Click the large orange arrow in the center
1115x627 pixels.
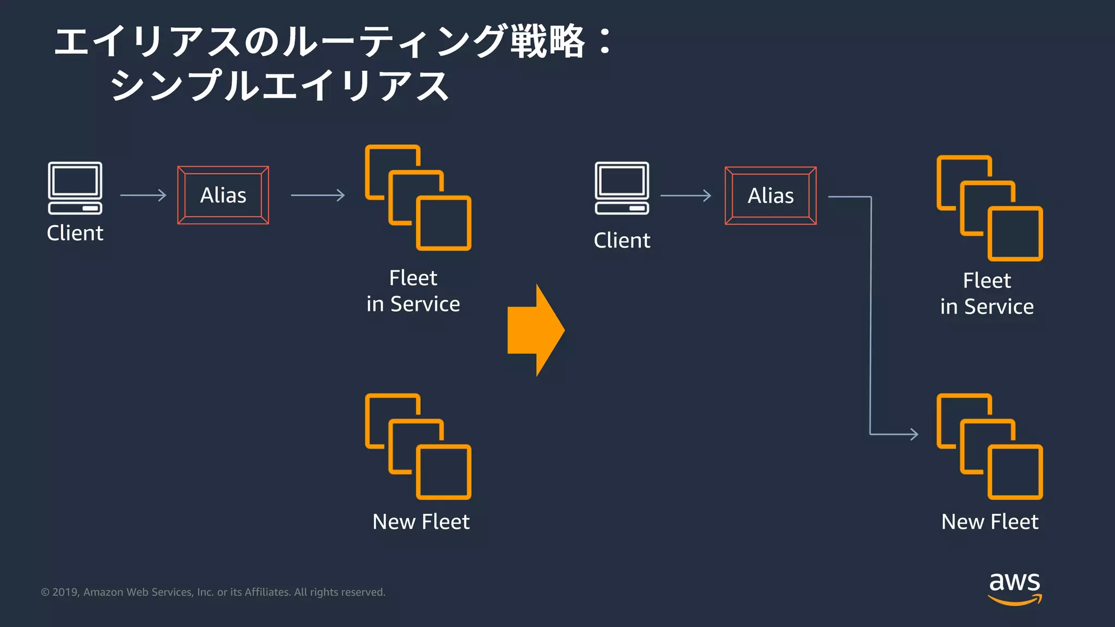pyautogui.click(x=535, y=330)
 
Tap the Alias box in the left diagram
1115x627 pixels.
pyautogui.click(x=223, y=195)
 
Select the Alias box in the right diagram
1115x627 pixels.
pyautogui.click(x=770, y=195)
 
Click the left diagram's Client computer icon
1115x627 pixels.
pyautogui.click(x=75, y=188)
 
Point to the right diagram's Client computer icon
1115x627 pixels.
pyautogui.click(x=622, y=188)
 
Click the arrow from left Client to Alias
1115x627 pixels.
pyautogui.click(x=143, y=195)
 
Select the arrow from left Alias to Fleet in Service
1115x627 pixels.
pyautogui.click(x=318, y=195)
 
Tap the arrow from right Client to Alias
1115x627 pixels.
pyautogui.click(x=685, y=195)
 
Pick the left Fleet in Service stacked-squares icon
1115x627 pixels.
pyautogui.click(x=418, y=198)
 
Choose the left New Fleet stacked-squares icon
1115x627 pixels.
pyautogui.click(x=418, y=446)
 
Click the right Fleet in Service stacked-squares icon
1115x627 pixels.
pyautogui.click(x=990, y=208)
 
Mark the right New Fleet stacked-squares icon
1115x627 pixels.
pyautogui.click(x=990, y=446)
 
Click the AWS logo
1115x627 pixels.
pyautogui.click(x=1014, y=588)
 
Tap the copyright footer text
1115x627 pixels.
pyautogui.click(x=213, y=592)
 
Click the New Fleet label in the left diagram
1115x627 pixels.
pyautogui.click(x=421, y=521)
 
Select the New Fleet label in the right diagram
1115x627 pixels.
pyautogui.click(x=990, y=521)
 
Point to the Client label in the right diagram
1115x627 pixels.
pyautogui.click(x=622, y=240)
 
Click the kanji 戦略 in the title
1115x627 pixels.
pyautogui.click(x=547, y=41)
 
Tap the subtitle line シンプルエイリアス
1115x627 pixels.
pyautogui.click(x=279, y=86)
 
